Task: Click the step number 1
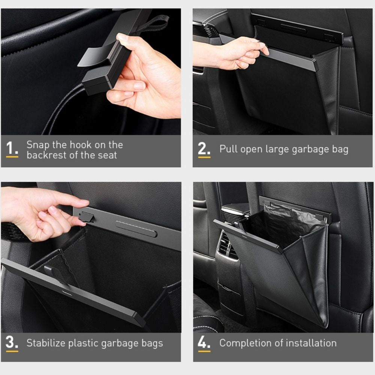12,148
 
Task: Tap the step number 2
204,149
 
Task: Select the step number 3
12,343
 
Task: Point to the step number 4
204,343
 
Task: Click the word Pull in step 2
228,149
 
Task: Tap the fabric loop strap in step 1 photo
155,23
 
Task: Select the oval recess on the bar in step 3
136,229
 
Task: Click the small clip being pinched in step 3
86,216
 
